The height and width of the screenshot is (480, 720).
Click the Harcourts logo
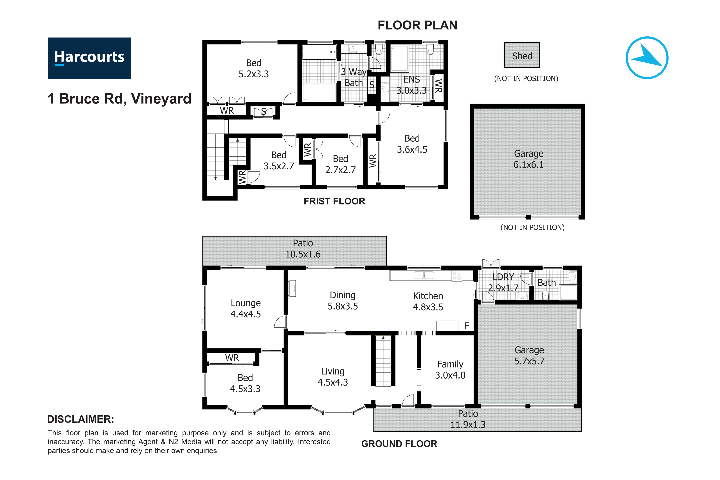coord(89,58)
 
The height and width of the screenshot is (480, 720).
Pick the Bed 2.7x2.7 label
coord(340,164)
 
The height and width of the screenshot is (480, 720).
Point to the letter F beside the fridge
coord(467,326)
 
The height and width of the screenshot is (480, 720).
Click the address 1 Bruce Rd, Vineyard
coord(119,99)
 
